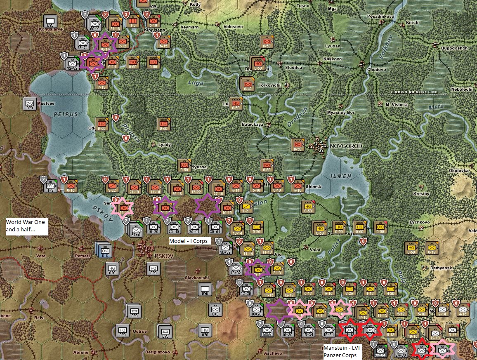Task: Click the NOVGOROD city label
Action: (x=346, y=146)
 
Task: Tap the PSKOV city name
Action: (x=162, y=256)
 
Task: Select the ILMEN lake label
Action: (x=341, y=176)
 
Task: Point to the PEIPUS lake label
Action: (x=65, y=114)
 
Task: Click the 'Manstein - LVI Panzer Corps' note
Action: (x=342, y=351)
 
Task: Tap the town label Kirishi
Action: (x=413, y=23)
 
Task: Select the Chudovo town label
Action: (x=377, y=70)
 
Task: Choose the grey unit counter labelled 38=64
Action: (x=380, y=352)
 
